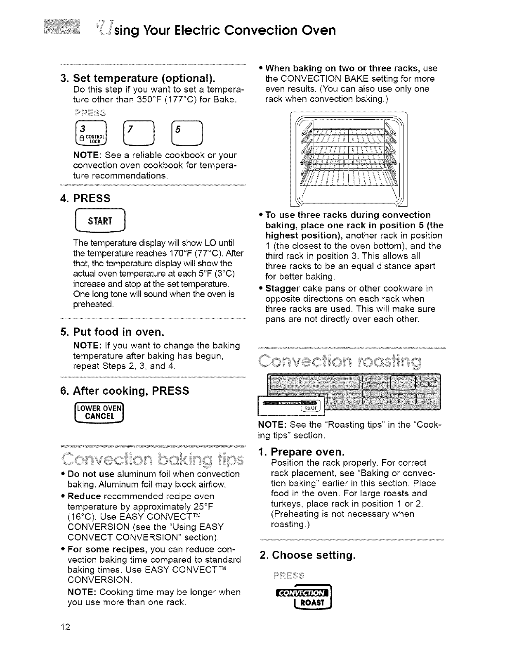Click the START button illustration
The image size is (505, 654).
pos(99,221)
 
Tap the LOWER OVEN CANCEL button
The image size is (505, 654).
pos(99,412)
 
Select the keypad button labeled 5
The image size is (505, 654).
pos(188,133)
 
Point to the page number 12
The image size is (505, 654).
pos(66,628)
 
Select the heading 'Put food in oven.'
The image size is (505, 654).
pos(118,332)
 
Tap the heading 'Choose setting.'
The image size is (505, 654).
pos(307,555)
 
